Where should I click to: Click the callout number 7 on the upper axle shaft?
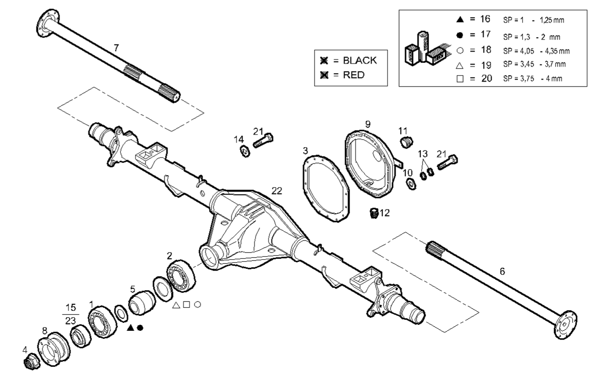(116, 48)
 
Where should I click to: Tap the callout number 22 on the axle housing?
(277, 191)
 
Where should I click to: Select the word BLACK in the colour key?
(360, 60)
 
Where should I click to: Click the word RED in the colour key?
(353, 75)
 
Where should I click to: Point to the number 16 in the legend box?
(485, 19)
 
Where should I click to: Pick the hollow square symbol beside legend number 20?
(460, 79)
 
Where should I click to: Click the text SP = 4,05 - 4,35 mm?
(536, 51)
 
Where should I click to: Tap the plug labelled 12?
(374, 213)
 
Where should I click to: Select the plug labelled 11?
(406, 142)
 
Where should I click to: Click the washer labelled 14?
(245, 151)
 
